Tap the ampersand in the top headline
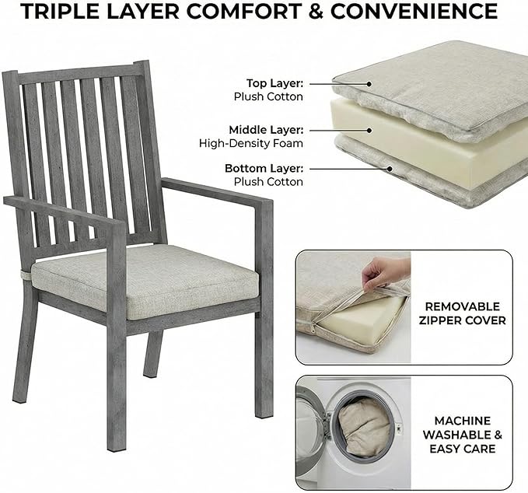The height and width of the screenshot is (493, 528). (x=316, y=12)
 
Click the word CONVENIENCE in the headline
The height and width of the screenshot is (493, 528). (x=414, y=12)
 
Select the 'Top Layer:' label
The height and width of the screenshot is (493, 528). (x=274, y=83)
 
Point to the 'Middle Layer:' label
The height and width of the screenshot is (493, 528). (x=266, y=130)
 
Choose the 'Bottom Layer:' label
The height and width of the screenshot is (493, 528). (x=264, y=169)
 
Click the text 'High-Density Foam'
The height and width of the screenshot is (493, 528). (x=251, y=143)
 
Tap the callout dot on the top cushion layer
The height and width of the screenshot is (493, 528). (x=369, y=84)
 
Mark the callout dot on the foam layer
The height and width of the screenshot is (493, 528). (x=369, y=131)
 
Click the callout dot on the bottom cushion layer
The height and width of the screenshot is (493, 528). (x=390, y=169)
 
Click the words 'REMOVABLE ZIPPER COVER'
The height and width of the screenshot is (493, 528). (x=463, y=313)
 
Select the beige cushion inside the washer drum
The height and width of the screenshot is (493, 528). (x=364, y=427)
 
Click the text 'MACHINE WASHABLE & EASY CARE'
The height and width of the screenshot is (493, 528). (x=463, y=435)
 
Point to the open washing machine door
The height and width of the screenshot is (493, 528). (x=312, y=428)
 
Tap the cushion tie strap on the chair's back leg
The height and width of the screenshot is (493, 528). (x=25, y=274)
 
